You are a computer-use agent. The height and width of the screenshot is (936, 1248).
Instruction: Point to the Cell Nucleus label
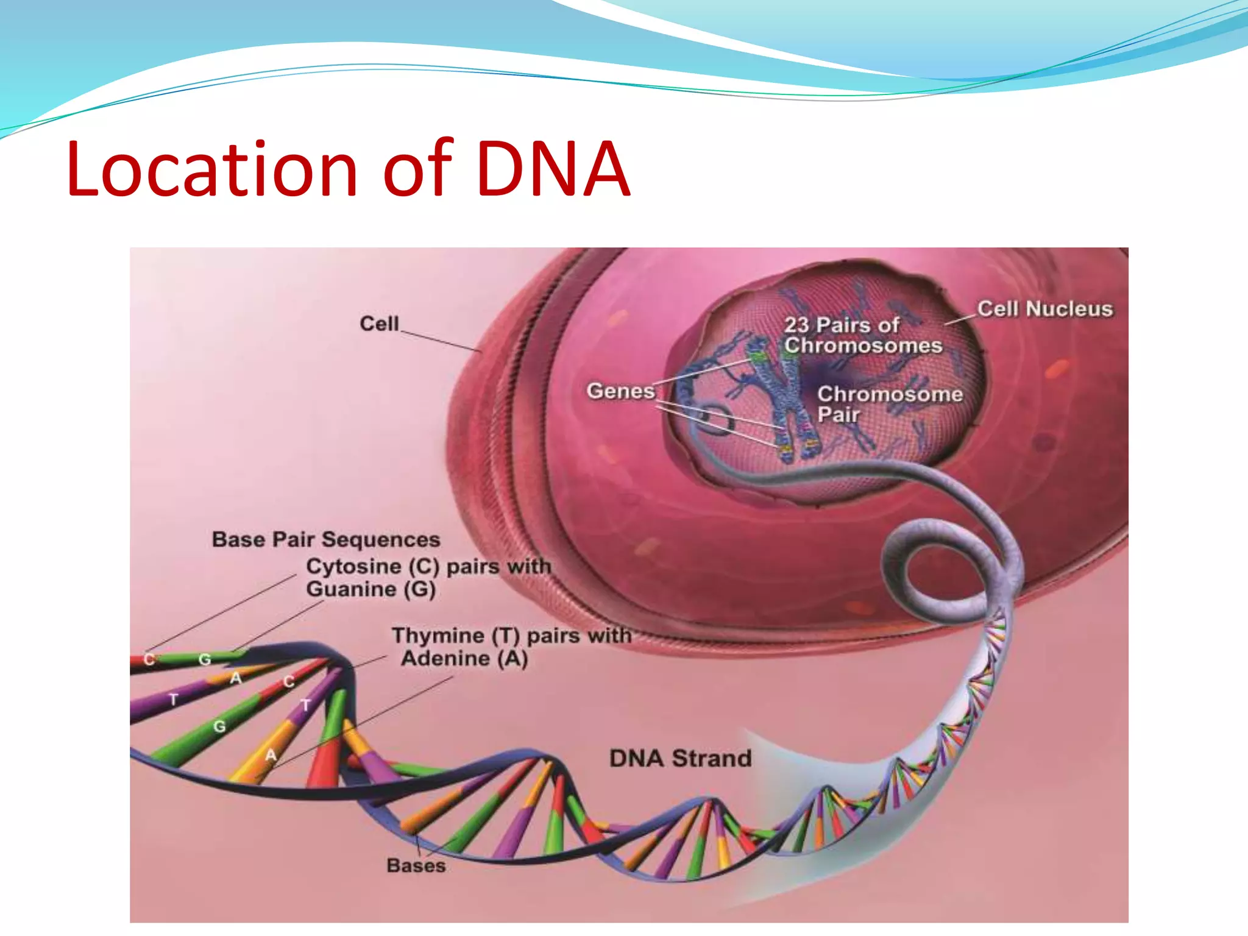1044,309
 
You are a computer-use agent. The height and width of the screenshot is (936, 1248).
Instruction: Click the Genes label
620,391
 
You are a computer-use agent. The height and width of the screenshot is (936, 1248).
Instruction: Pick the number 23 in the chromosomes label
796,325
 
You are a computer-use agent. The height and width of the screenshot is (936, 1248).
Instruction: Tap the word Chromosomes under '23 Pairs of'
863,346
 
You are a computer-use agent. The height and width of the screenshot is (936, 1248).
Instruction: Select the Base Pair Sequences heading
326,539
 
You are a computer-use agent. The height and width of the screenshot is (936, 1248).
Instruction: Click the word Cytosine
353,566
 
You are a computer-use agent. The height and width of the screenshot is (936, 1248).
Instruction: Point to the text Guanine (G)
370,589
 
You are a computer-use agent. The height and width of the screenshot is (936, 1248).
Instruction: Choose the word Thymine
438,636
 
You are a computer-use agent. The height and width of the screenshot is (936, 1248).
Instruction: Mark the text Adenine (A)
464,658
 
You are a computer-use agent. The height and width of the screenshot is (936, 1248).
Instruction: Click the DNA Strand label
681,759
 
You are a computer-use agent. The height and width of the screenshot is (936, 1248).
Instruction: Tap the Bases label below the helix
416,865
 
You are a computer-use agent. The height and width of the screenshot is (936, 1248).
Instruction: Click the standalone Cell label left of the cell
379,324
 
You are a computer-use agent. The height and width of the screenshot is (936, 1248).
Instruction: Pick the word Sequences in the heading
381,539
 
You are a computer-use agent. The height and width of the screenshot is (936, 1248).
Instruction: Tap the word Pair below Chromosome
838,415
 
